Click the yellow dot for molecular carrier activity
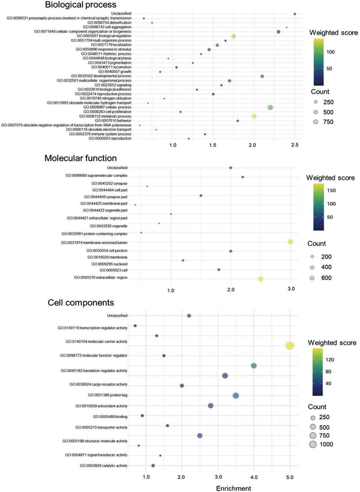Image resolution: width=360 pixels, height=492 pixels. pos(290,345)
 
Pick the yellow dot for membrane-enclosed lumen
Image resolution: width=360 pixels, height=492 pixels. pos(290,242)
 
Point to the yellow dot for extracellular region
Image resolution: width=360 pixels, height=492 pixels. pos(261,279)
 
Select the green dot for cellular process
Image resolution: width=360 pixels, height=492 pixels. pos(270,107)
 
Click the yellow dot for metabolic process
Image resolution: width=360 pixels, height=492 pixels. pos(254,116)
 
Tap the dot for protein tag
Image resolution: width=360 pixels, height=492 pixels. pos(236,396)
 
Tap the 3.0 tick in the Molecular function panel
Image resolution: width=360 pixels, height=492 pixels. pos(290,288)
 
